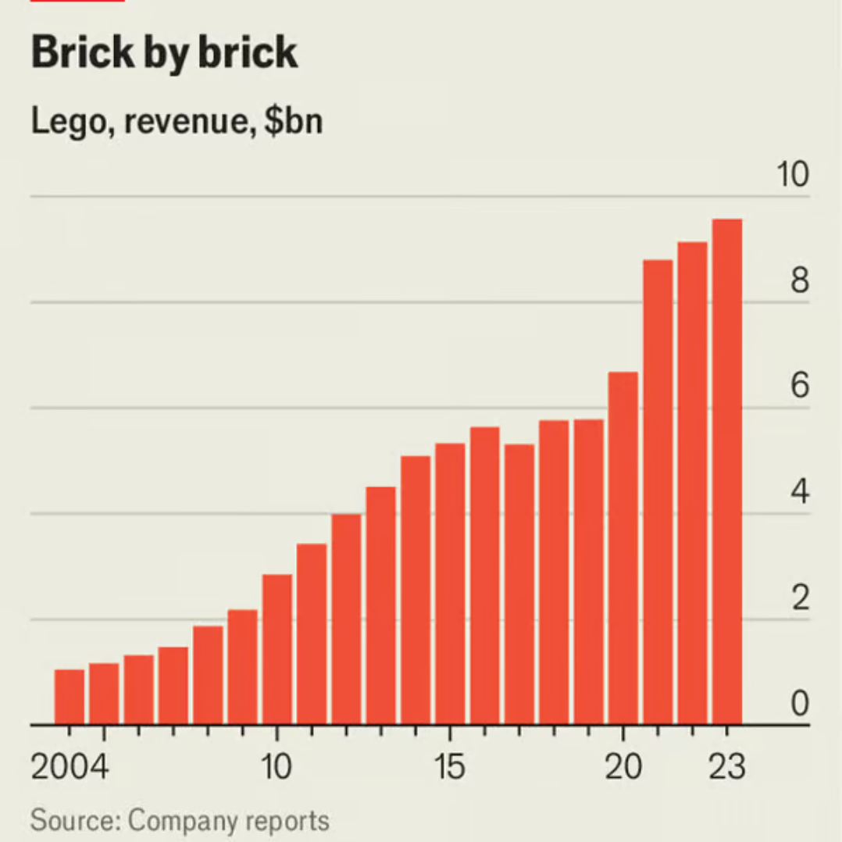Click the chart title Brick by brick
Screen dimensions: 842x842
pos(165,53)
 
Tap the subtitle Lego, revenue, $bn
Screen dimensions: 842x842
pos(177,122)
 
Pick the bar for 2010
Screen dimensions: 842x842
pos(277,649)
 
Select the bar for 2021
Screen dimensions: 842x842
pos(658,492)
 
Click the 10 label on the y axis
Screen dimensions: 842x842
pos(792,175)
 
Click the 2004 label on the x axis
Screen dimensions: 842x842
pos(70,767)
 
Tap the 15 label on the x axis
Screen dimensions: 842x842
pos(450,767)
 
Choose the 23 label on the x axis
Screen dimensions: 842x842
pos(727,767)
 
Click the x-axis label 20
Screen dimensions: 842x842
pos(623,767)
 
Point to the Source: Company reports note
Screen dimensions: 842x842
pos(180,821)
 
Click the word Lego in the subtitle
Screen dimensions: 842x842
pos(64,123)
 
